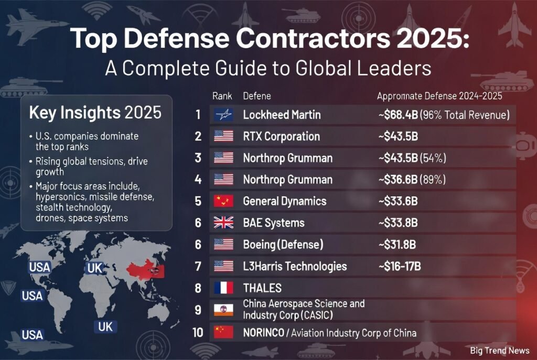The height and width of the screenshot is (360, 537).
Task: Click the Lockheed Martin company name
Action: click(x=282, y=115)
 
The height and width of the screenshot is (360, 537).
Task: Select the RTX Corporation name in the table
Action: click(x=281, y=136)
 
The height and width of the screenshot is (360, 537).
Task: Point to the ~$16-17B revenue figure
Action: click(x=399, y=266)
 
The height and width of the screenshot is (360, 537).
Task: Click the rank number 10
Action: click(x=198, y=332)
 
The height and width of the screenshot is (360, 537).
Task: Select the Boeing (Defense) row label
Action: click(x=283, y=244)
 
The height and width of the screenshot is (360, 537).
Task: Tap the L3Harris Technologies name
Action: click(x=295, y=266)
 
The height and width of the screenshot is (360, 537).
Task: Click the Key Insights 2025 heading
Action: click(x=95, y=113)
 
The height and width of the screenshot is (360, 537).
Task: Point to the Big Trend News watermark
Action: click(x=499, y=351)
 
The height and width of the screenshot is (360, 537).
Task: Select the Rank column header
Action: click(x=222, y=96)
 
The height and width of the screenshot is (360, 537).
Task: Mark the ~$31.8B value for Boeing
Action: click(x=398, y=244)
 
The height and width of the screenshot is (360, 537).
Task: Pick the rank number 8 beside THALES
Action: click(x=198, y=288)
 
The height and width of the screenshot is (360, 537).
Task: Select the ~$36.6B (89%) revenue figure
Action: click(x=412, y=180)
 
